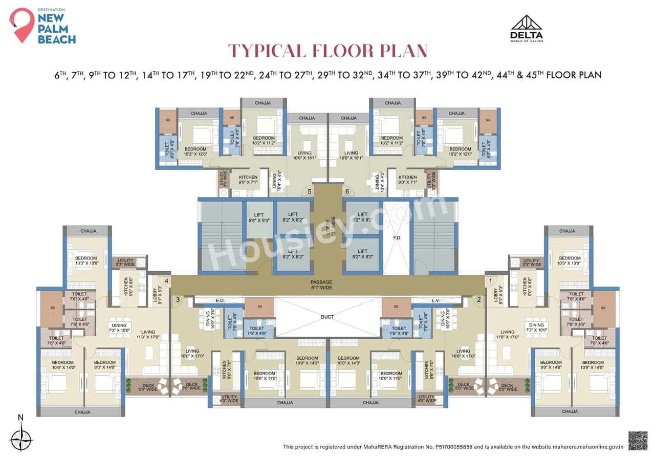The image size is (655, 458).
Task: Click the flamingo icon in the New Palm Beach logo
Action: coord(21,25)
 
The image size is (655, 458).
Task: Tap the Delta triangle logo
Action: coord(527,25)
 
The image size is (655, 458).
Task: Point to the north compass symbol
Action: coord(21,438)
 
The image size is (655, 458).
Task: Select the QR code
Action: coord(638,441)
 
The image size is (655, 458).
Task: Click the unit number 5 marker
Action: coord(309,191)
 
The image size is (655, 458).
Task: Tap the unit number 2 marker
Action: coord(479,300)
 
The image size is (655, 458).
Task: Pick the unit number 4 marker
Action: coord(166,280)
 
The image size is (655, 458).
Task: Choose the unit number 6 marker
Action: coord(347,191)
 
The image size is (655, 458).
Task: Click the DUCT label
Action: coord(327,317)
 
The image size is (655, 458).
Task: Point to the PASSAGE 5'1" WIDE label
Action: coord(321,285)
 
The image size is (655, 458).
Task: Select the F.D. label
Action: coord(396,238)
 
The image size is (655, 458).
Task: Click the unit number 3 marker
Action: coord(178,300)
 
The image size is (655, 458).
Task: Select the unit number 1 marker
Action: coord(489,280)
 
